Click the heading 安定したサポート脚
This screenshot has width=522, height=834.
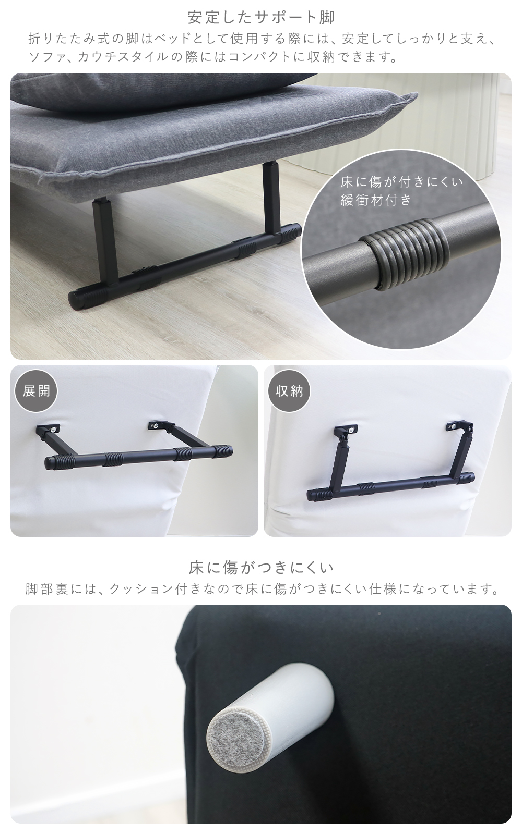click(261, 18)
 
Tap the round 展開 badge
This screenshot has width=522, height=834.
click(36, 391)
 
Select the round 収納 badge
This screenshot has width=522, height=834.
click(289, 391)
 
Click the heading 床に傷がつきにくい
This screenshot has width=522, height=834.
click(261, 568)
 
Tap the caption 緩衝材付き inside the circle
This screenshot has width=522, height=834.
click(375, 200)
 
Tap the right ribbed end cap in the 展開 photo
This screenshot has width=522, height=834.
click(222, 451)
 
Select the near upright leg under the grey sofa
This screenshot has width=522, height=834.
click(104, 242)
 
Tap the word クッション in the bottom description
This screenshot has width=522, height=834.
click(137, 589)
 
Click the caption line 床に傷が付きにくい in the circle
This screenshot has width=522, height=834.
click(402, 182)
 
